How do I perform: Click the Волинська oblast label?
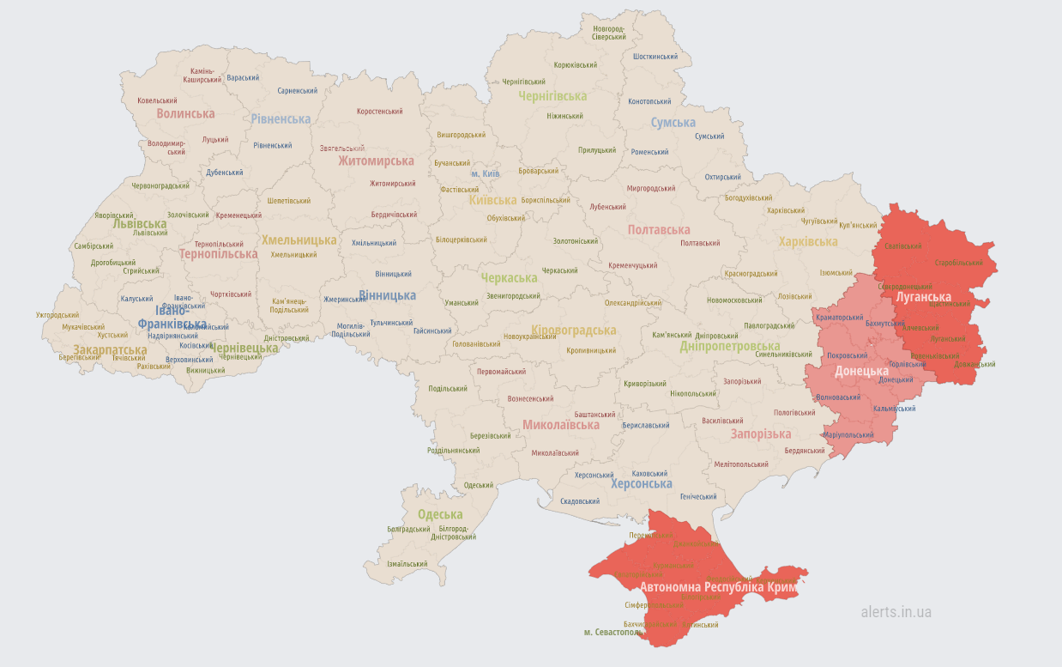185,113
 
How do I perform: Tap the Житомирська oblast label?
376,161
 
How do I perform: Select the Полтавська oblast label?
659,230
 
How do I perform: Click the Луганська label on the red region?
923,297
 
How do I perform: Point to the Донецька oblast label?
861,371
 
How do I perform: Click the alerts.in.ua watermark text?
896,612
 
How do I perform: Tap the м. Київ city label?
485,174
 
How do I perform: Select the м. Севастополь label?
613,633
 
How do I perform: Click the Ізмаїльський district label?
407,564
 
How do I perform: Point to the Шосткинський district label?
655,57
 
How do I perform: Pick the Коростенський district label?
380,112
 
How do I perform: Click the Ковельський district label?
157,100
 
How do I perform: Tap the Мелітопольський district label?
741,464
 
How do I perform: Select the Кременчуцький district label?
633,265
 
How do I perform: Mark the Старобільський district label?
958,262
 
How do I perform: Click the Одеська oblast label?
440,515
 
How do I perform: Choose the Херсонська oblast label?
642,484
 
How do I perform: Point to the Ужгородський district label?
57,315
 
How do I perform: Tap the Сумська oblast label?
673,123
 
